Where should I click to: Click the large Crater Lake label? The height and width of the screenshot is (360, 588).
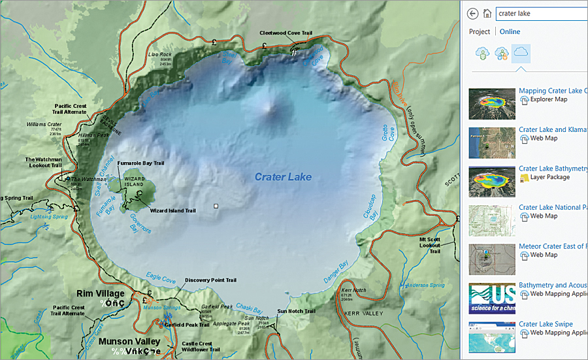(283, 177)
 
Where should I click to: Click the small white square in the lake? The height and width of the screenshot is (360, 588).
(216, 206)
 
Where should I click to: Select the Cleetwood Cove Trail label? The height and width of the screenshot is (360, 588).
(287, 32)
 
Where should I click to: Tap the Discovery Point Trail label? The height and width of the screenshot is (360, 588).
(210, 280)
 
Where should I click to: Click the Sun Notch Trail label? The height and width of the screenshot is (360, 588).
(296, 311)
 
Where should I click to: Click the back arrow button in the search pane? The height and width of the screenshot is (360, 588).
(473, 13)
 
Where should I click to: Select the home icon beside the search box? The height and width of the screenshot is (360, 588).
(487, 13)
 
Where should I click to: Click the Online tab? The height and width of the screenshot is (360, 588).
(510, 31)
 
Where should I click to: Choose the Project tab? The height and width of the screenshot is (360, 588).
(480, 31)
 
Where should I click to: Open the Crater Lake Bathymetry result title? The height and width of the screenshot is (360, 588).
(553, 169)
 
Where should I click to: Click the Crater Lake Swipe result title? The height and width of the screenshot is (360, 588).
(546, 324)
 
